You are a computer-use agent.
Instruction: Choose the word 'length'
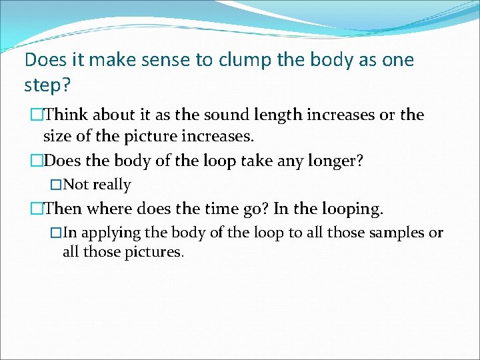pos(280,115)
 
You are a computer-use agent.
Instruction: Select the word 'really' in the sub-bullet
pos(112,185)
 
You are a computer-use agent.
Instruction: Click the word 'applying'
pos(110,233)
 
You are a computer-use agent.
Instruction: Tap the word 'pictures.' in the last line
pos(157,253)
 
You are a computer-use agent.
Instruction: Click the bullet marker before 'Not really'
pos(56,185)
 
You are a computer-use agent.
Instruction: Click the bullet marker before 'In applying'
pos(56,233)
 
